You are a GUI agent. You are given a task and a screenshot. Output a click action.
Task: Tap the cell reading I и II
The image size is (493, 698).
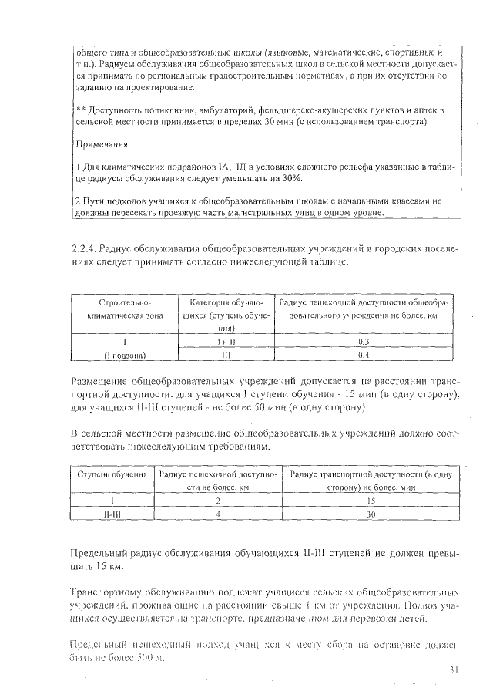(x=222, y=341)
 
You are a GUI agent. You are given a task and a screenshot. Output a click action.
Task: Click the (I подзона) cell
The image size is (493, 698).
(x=125, y=355)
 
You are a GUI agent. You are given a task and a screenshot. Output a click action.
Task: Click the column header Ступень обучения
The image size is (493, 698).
(x=112, y=475)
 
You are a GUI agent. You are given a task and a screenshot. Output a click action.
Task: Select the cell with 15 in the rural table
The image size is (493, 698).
(x=371, y=500)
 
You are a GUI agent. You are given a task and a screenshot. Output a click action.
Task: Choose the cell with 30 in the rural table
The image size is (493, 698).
(x=371, y=514)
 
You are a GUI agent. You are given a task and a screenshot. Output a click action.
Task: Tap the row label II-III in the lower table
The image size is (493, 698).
(x=112, y=514)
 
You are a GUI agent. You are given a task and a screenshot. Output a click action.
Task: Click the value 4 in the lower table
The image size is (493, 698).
(x=218, y=514)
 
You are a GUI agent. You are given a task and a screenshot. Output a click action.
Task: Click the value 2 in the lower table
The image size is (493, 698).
(x=218, y=500)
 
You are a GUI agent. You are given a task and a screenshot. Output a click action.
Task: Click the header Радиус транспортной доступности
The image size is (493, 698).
(x=371, y=475)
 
